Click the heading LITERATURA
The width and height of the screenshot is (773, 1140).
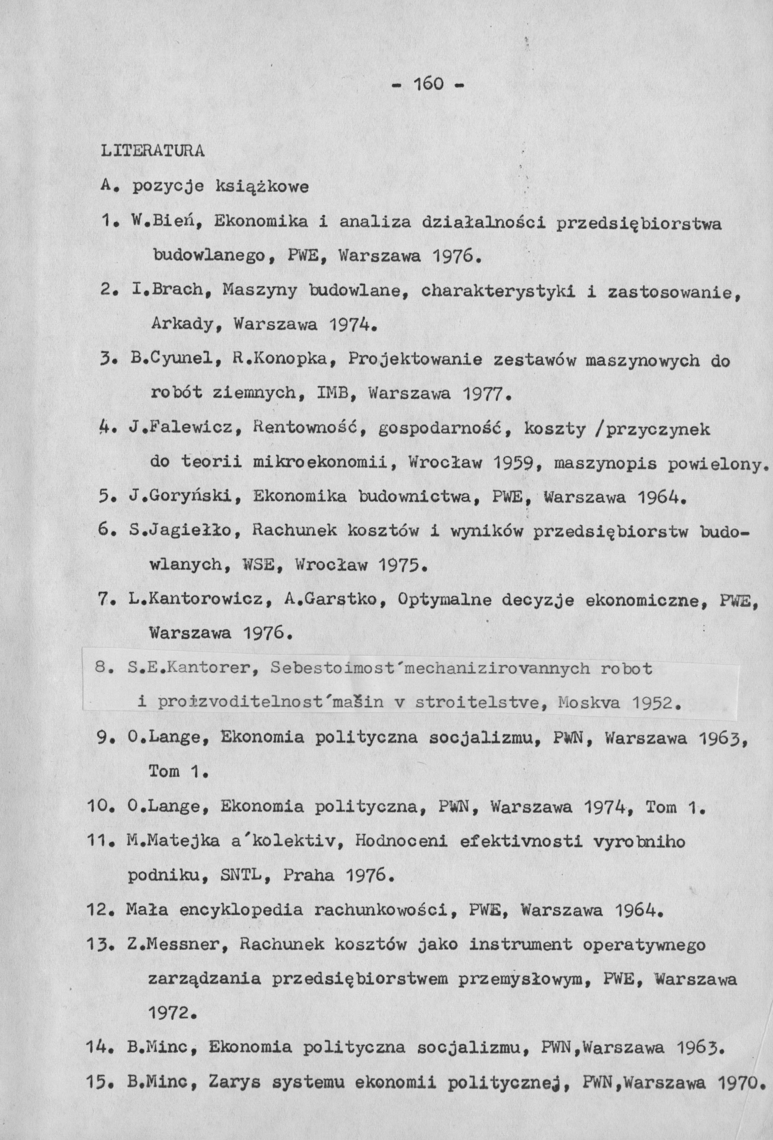coord(152,151)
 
